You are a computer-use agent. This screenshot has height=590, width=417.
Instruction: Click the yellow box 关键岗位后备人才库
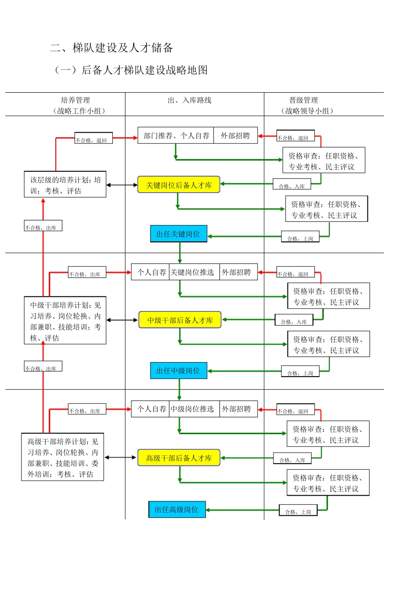pyautogui.click(x=179, y=184)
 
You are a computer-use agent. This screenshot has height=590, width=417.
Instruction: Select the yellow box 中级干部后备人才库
pyautogui.click(x=180, y=320)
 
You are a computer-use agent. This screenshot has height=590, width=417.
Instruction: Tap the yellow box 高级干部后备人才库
pyautogui.click(x=179, y=457)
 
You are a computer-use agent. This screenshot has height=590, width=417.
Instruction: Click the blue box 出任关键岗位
pyautogui.click(x=179, y=234)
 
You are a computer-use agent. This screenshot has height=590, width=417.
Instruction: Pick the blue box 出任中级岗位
pyautogui.click(x=179, y=371)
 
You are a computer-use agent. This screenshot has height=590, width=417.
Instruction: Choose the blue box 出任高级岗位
pyautogui.click(x=177, y=509)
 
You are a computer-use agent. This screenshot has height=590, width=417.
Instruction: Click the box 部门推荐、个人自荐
pyautogui.click(x=176, y=135)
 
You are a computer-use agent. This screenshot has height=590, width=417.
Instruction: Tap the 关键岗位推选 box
pyautogui.click(x=194, y=272)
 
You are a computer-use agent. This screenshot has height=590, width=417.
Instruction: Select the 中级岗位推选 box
pyautogui.click(x=194, y=409)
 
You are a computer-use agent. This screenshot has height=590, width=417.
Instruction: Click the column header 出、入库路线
pyautogui.click(x=190, y=101)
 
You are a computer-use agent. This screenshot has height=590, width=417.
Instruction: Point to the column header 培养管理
pyautogui.click(x=75, y=100)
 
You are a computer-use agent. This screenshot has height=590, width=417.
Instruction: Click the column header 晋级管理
pyautogui.click(x=303, y=100)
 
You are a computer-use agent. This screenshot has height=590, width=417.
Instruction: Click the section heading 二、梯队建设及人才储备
pyautogui.click(x=111, y=48)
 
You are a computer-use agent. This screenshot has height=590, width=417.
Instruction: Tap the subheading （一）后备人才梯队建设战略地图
pyautogui.click(x=131, y=70)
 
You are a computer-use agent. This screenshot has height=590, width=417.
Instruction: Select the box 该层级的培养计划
pyautogui.click(x=65, y=184)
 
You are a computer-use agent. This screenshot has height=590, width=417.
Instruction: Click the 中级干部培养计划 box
pyautogui.click(x=65, y=320)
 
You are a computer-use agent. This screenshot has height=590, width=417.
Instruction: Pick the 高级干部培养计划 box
pyautogui.click(x=62, y=457)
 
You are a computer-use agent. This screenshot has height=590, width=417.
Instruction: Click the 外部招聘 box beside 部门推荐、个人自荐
pyautogui.click(x=236, y=135)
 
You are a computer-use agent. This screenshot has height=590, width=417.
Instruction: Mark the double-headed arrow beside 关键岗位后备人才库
pyautogui.click(x=122, y=185)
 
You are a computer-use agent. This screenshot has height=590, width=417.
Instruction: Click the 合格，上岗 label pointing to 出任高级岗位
pyautogui.click(x=298, y=510)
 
